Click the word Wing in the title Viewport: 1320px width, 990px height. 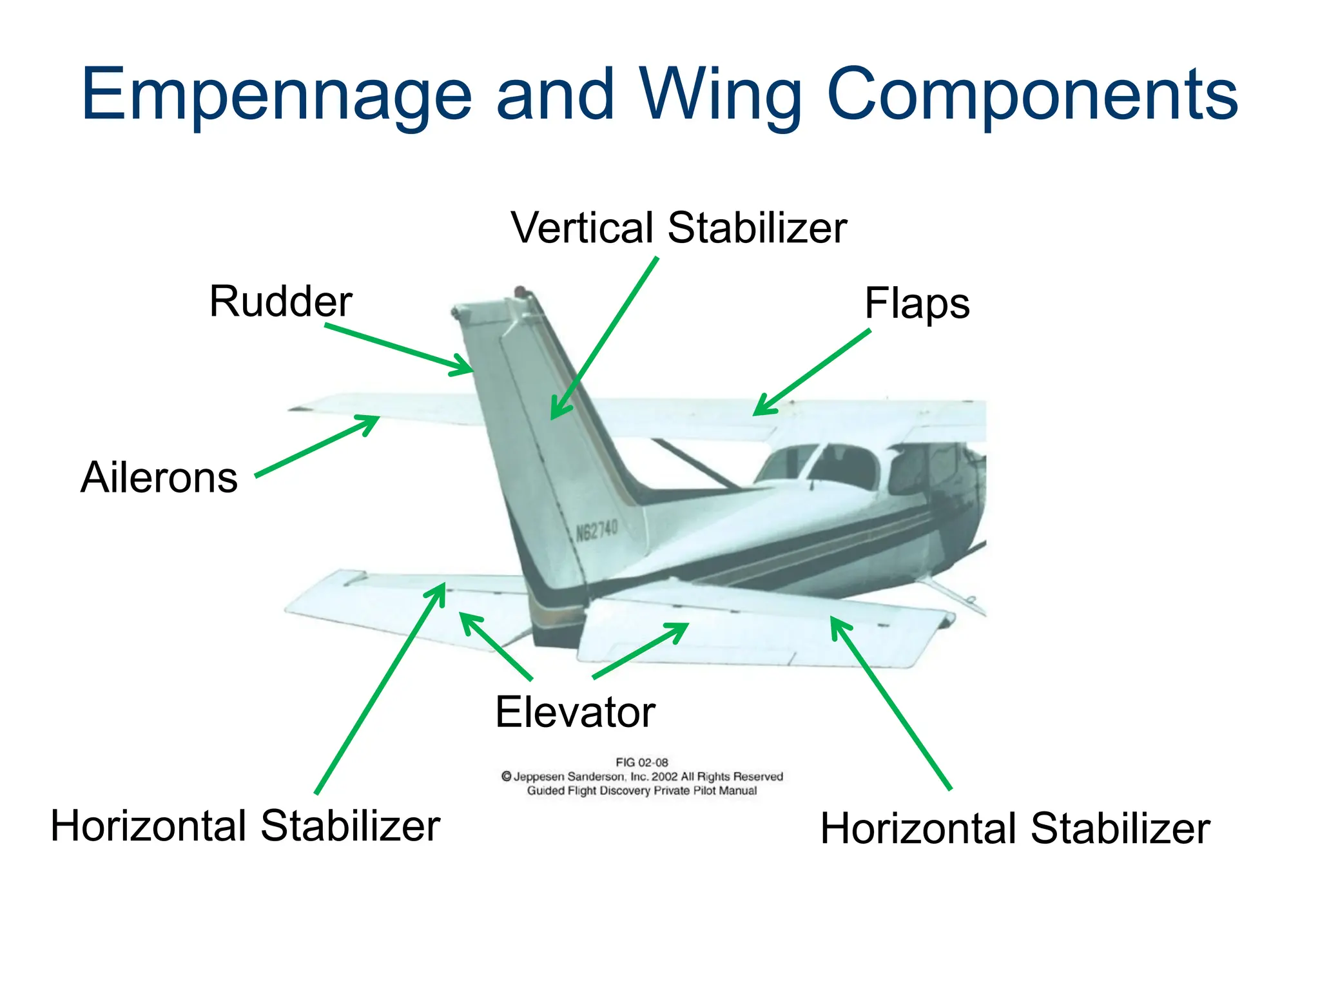(720, 95)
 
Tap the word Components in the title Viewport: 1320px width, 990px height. (1031, 95)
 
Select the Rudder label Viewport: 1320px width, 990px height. (280, 302)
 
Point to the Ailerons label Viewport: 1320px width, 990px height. (159, 478)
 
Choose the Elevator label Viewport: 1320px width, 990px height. (575, 712)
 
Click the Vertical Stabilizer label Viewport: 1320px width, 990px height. (679, 228)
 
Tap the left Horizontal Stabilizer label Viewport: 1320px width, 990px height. (245, 826)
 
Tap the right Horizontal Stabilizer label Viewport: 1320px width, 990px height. (1015, 828)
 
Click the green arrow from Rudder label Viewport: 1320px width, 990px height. (400, 349)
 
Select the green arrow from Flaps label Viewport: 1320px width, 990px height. (812, 372)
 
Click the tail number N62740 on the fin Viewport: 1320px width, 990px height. (597, 531)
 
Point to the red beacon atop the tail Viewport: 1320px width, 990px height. (519, 291)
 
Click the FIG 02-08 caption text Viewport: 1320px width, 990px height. (642, 762)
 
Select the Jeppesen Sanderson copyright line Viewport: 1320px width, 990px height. (642, 777)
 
